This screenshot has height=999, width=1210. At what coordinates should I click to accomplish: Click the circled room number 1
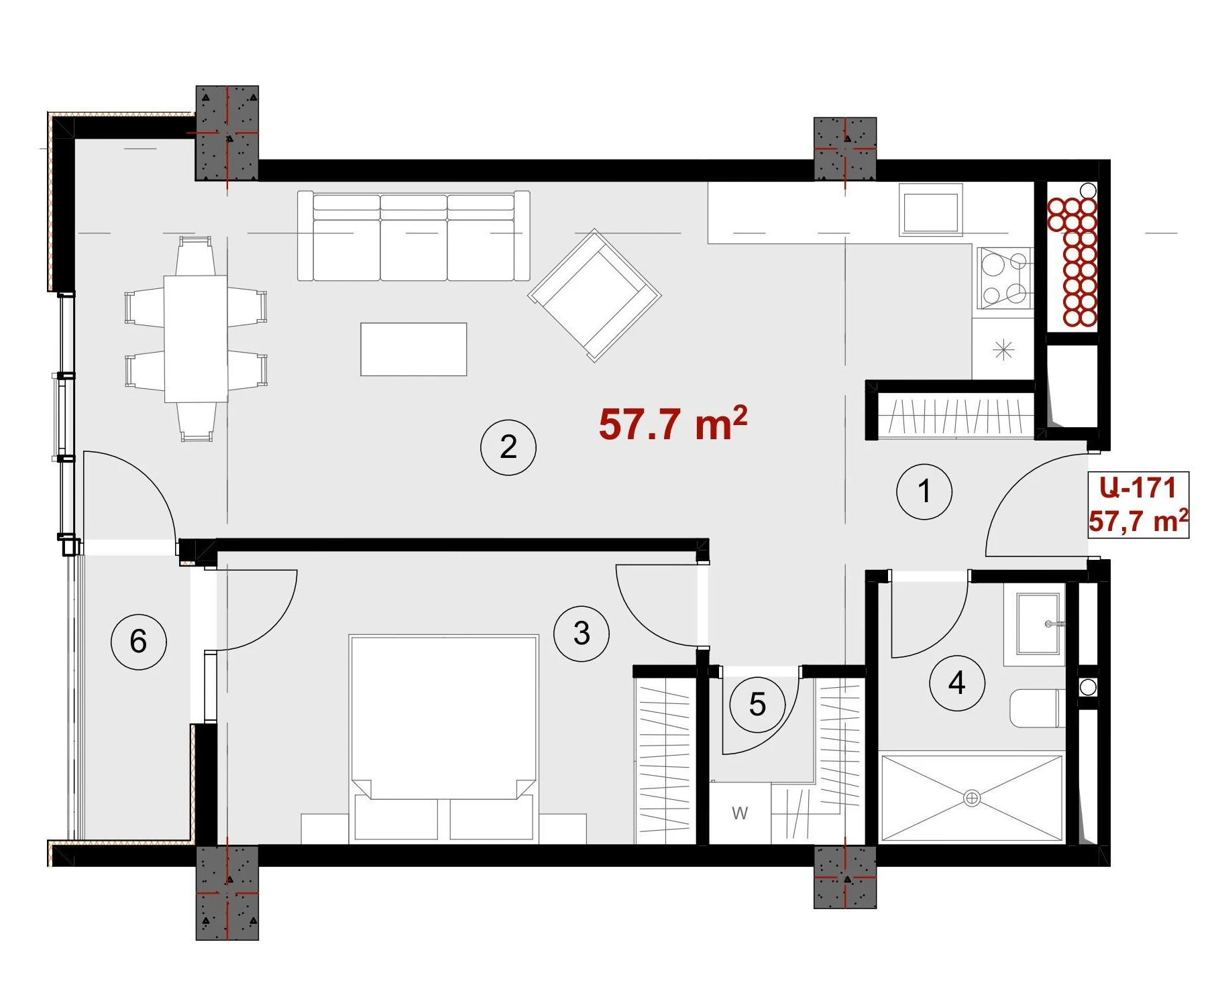[924, 491]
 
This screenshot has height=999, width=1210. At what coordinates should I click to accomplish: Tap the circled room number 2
[508, 447]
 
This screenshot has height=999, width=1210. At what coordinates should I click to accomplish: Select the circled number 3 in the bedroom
[582, 634]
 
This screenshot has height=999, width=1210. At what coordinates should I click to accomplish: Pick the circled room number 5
[757, 705]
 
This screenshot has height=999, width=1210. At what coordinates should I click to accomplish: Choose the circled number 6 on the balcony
[138, 642]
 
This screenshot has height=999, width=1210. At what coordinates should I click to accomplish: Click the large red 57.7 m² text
[673, 424]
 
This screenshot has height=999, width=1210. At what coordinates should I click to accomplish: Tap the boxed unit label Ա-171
[1138, 487]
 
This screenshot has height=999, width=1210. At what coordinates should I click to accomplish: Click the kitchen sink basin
[931, 212]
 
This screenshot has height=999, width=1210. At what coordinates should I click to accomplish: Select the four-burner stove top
[1005, 278]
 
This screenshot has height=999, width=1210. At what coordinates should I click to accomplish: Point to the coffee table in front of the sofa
[414, 349]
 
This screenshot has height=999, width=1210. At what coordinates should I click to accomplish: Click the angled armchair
[594, 296]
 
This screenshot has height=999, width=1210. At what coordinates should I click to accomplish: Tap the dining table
[195, 339]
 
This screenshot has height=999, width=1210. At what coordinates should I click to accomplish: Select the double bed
[443, 738]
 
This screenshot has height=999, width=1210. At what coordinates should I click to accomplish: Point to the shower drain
[972, 799]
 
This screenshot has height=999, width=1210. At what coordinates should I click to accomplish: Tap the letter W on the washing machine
[740, 813]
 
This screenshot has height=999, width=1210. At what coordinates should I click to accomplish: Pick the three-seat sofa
[414, 237]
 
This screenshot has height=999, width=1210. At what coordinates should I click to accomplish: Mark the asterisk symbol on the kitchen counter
[1003, 349]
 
